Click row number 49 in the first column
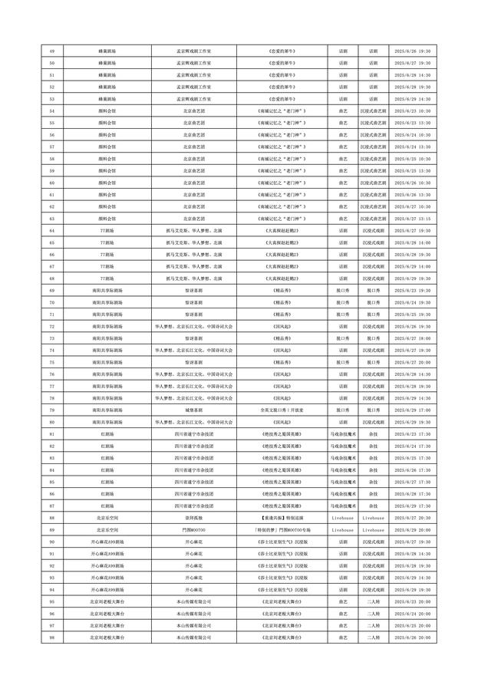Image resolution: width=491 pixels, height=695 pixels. [51, 51]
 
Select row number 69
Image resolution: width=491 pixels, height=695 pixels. [51, 291]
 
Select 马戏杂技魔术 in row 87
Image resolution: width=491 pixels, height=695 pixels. [343, 506]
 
